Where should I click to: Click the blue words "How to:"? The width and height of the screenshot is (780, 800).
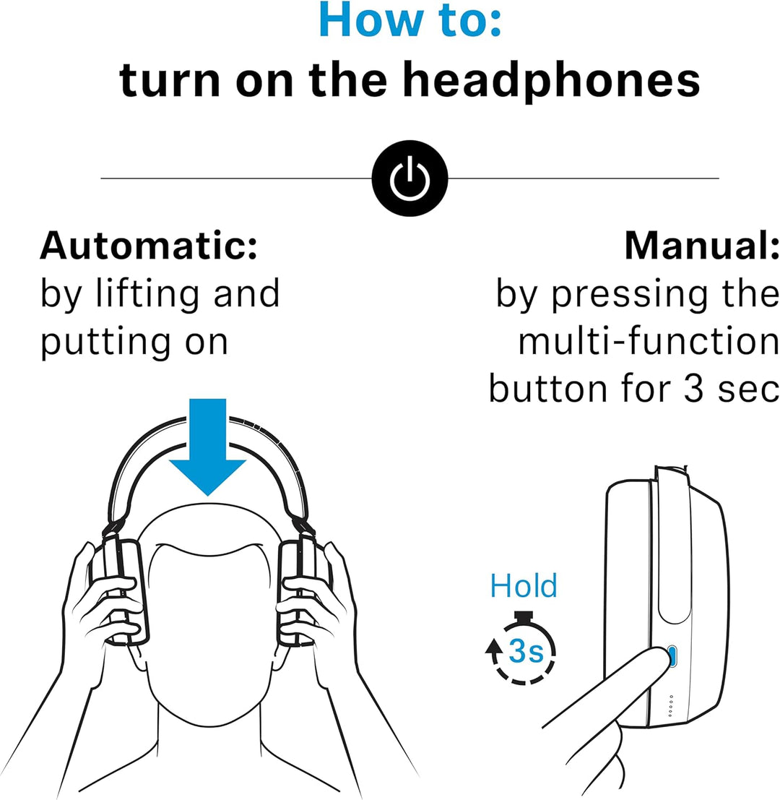click(x=409, y=22)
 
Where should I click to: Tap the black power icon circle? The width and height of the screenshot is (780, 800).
click(x=409, y=179)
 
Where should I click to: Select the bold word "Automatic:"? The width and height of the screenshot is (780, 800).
click(x=149, y=247)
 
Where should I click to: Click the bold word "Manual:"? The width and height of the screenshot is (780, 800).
click(x=701, y=247)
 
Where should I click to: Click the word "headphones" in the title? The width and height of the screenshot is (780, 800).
click(x=550, y=81)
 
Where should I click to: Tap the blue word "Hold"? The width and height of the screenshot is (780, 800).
click(x=524, y=585)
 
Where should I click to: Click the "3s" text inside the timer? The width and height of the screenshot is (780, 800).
click(x=526, y=652)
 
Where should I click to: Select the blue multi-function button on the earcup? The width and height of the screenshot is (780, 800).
click(x=673, y=656)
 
